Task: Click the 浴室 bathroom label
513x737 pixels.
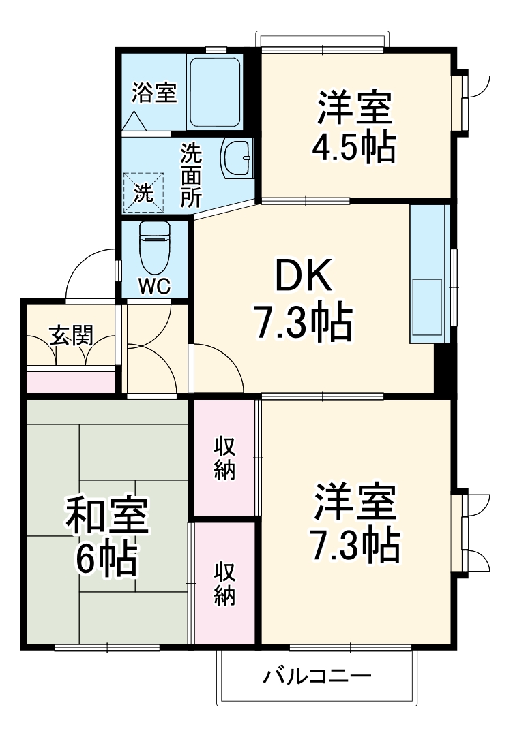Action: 154,93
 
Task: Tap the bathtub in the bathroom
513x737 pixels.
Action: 215,92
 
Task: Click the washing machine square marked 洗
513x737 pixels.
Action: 143,193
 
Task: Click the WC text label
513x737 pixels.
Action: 155,286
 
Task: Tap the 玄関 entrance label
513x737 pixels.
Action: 70,336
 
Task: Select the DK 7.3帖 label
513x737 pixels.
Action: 303,300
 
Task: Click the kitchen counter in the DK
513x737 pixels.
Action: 428,272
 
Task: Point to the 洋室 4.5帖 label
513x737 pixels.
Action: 355,127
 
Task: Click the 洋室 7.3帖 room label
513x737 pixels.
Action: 355,522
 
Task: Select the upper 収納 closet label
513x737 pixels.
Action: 224,458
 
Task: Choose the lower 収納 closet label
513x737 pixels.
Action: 224,584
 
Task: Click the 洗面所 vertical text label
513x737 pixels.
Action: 191,176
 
